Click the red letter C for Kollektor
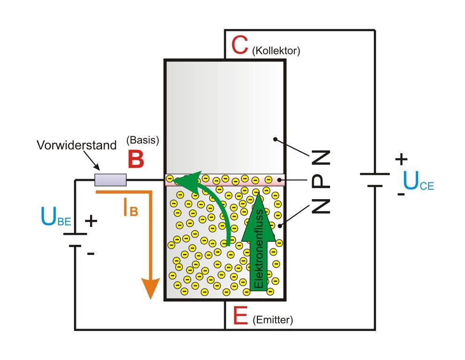(x=240, y=45)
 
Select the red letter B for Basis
(x=136, y=159)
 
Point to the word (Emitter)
(x=272, y=320)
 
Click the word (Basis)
(x=143, y=140)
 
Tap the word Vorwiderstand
(x=76, y=145)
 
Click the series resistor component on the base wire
(x=111, y=180)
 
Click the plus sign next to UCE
(x=401, y=159)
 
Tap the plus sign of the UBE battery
(x=91, y=221)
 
